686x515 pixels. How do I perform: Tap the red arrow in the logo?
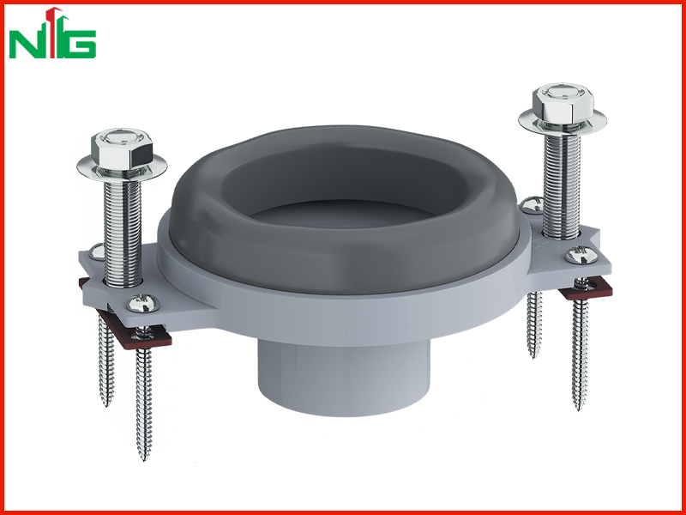pos(53,32)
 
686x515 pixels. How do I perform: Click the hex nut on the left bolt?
pos(122,148)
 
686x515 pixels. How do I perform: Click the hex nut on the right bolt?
pos(563,104)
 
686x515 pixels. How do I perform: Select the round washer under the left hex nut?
pos(122,167)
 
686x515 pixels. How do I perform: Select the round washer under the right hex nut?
pos(563,121)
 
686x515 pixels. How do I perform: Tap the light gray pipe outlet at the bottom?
pos(344,378)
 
